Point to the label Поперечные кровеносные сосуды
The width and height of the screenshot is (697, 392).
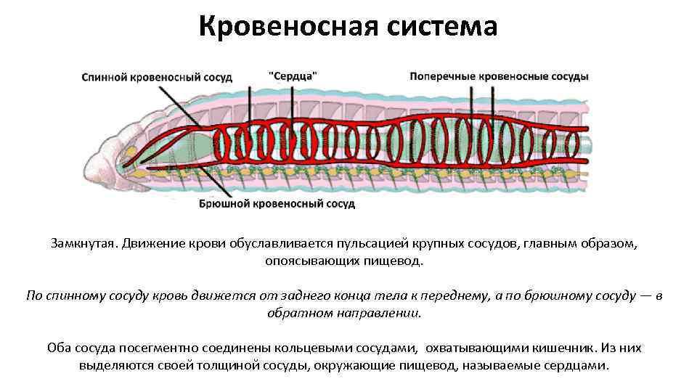pyautogui.click(x=499, y=76)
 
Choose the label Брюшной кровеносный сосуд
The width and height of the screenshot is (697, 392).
pyautogui.click(x=277, y=204)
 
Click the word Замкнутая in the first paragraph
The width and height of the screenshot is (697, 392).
pyautogui.click(x=82, y=243)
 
